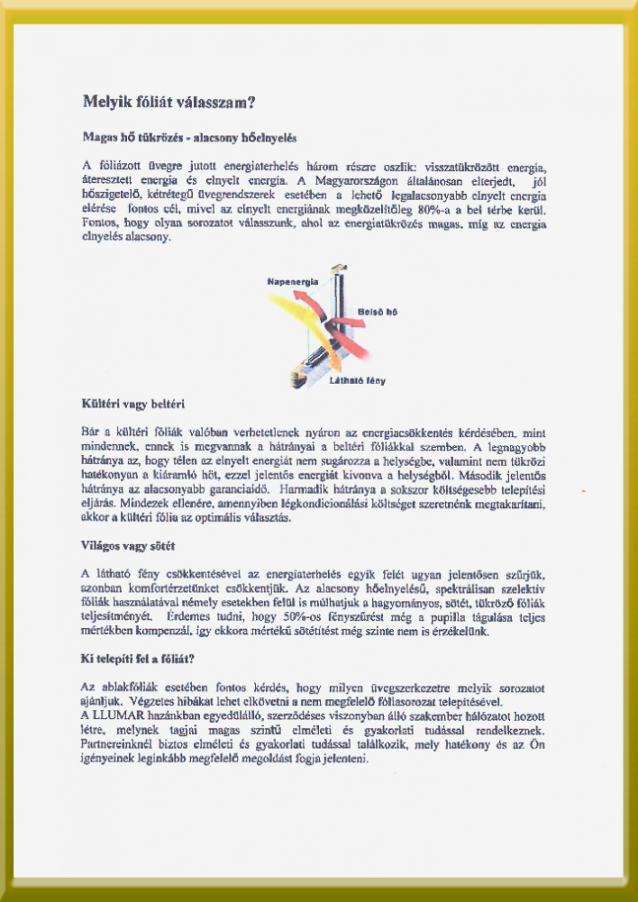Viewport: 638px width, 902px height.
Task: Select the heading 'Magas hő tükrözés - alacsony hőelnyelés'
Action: pos(189,139)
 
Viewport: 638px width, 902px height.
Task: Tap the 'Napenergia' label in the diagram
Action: pos(293,282)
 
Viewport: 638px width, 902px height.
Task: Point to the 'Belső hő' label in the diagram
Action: pos(378,312)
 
